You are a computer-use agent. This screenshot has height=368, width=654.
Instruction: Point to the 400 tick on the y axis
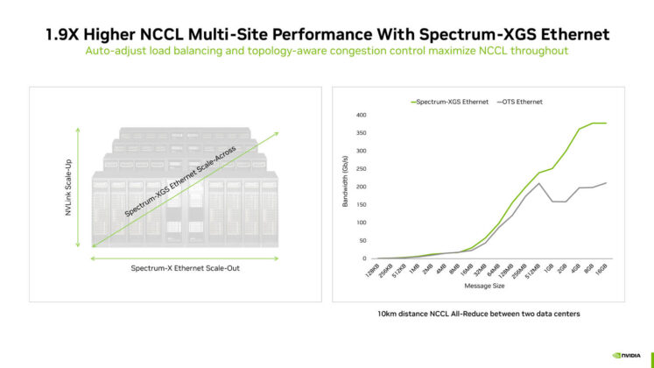coord(359,115)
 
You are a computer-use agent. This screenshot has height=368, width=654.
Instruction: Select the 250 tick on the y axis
coord(359,169)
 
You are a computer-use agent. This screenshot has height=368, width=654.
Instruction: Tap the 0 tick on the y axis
coord(362,258)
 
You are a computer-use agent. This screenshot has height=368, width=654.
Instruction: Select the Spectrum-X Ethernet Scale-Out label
coord(185,267)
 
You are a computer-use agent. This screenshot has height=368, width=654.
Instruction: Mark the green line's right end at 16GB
coord(606,123)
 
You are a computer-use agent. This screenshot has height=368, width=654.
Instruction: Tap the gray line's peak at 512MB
coord(538,183)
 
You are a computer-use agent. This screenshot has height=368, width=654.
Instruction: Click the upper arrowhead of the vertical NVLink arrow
coord(80,131)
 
